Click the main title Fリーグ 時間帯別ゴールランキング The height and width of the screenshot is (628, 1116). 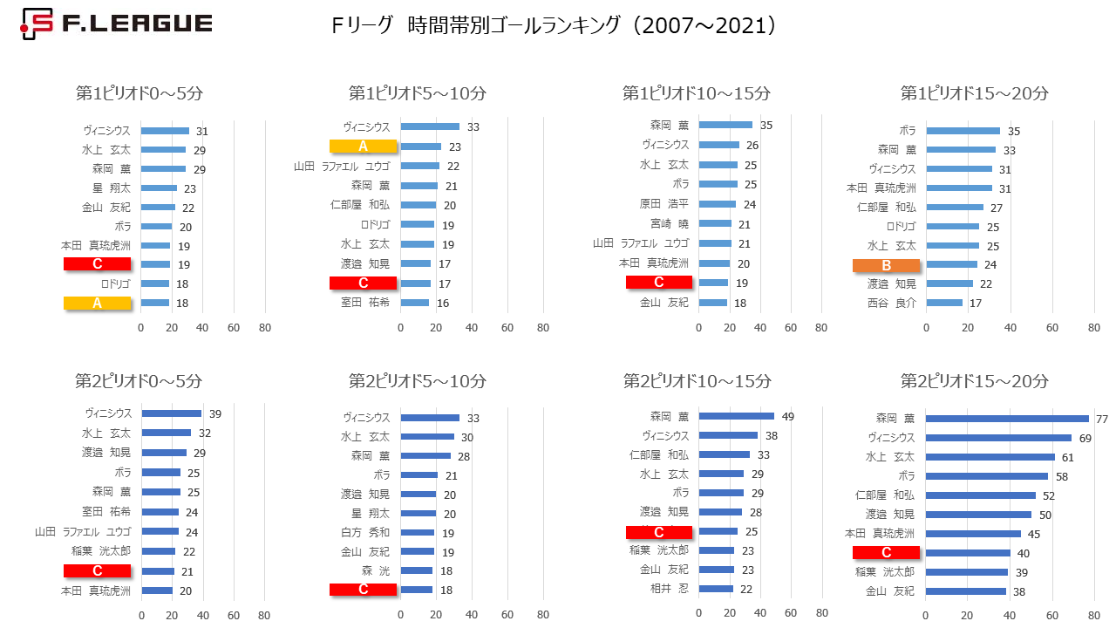pyautogui.click(x=553, y=26)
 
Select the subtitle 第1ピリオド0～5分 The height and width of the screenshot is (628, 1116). pyautogui.click(x=139, y=93)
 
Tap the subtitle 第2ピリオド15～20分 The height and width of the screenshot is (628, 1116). pyautogui.click(x=974, y=381)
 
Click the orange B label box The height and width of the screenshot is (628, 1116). pyautogui.click(x=886, y=264)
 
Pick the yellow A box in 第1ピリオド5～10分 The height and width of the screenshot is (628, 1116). pyautogui.click(x=364, y=147)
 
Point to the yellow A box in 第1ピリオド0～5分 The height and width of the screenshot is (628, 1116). pyautogui.click(x=97, y=303)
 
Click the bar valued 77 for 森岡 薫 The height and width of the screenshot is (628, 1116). pyautogui.click(x=1007, y=419)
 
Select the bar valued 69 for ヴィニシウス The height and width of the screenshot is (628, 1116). pyautogui.click(x=998, y=438)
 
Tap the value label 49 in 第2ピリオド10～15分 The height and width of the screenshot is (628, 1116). pyautogui.click(x=787, y=417)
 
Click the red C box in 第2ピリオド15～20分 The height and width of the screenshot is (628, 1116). pyautogui.click(x=887, y=552)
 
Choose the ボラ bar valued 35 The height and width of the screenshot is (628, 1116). pyautogui.click(x=963, y=131)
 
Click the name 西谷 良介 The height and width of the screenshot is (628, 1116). pyautogui.click(x=893, y=304)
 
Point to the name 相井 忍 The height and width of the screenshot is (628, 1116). pyautogui.click(x=670, y=589)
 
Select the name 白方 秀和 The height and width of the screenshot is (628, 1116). pyautogui.click(x=367, y=532)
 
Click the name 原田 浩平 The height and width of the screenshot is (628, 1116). pyautogui.click(x=664, y=204)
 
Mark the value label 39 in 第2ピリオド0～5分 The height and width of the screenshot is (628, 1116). pyautogui.click(x=214, y=414)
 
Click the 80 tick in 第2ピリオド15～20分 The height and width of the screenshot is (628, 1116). pyautogui.click(x=1093, y=616)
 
